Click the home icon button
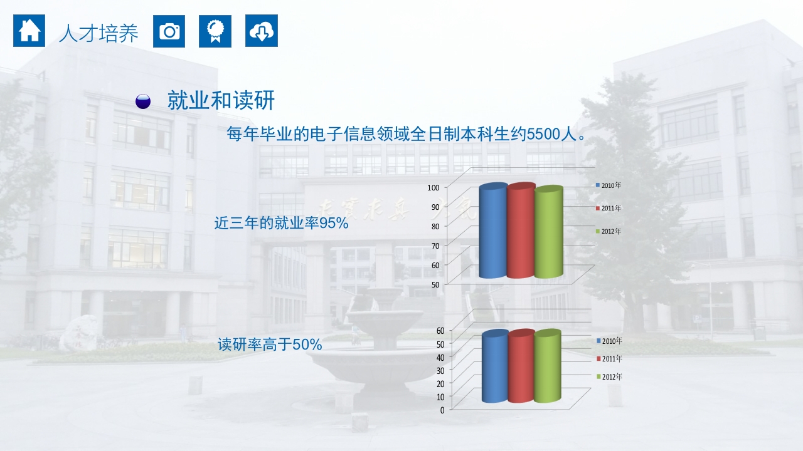click(29, 31)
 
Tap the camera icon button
click(169, 31)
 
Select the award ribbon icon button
click(215, 31)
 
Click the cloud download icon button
click(261, 31)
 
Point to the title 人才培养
click(98, 33)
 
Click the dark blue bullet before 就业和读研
click(143, 101)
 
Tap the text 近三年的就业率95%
click(281, 223)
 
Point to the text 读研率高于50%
click(270, 345)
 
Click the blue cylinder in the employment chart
click(492, 232)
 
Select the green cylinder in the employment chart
click(548, 233)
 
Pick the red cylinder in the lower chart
click(521, 367)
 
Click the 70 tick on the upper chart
click(435, 245)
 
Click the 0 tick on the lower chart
click(442, 410)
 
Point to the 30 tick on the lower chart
click(440, 370)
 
